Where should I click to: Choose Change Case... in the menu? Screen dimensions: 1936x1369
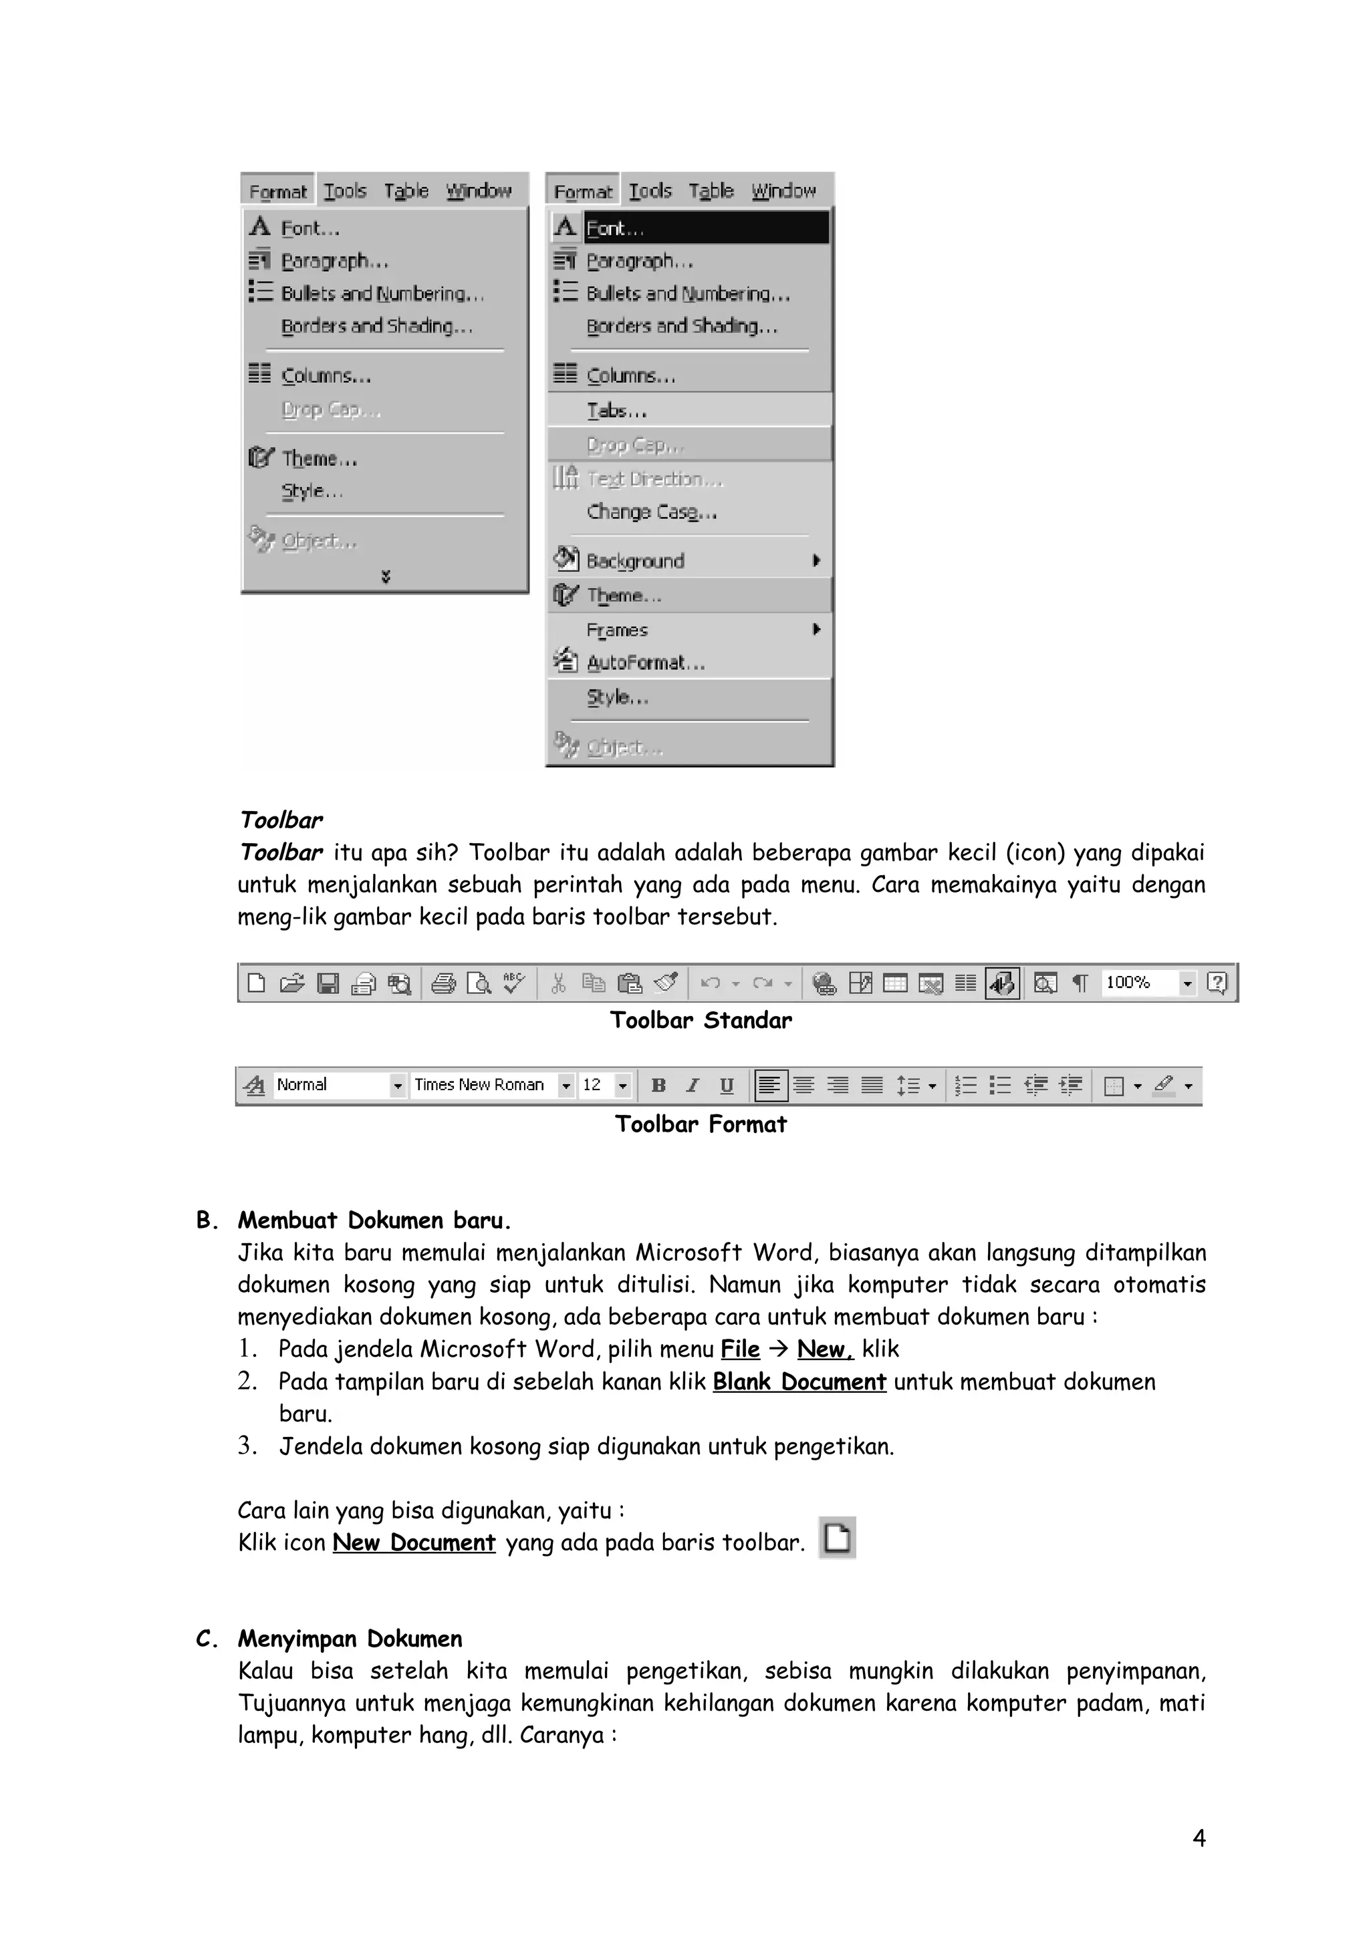click(x=651, y=512)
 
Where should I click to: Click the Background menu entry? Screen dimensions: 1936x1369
click(x=635, y=560)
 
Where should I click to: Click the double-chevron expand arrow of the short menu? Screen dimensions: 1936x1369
click(x=386, y=577)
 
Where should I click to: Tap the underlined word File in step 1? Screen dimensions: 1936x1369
click(x=740, y=1349)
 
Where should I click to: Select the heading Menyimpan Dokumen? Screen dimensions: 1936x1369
click(x=350, y=1638)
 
